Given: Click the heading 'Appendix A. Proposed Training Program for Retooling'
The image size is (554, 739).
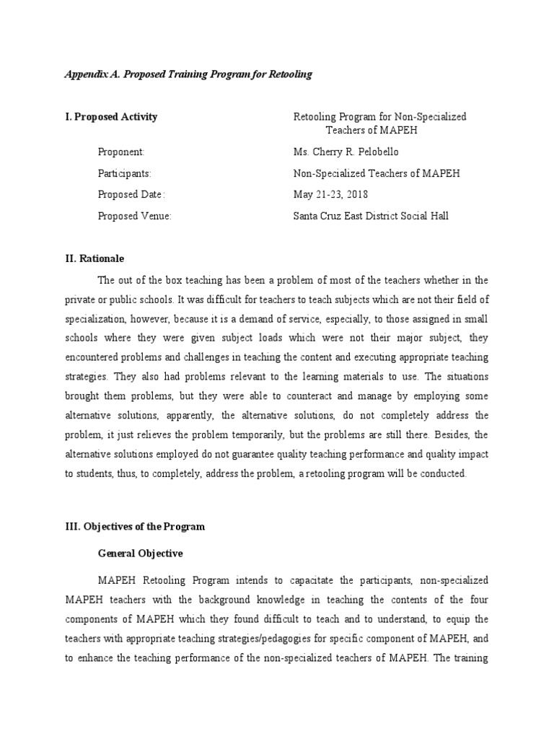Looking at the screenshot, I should (188, 75).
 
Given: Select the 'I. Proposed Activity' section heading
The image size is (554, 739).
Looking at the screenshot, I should (111, 117).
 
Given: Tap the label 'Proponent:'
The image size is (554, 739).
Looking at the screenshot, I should (121, 152).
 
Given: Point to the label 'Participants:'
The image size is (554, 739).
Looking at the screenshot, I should (124, 174).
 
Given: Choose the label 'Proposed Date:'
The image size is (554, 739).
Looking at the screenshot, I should (132, 195).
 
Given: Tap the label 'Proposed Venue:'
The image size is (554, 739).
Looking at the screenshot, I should (134, 217).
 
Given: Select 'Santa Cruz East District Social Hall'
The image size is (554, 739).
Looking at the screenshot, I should (370, 217).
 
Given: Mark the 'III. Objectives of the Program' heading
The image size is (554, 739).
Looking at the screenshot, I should (135, 527).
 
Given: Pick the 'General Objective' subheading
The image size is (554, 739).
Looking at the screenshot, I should (140, 554).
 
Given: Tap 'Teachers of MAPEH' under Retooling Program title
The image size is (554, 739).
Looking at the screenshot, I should (371, 131).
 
